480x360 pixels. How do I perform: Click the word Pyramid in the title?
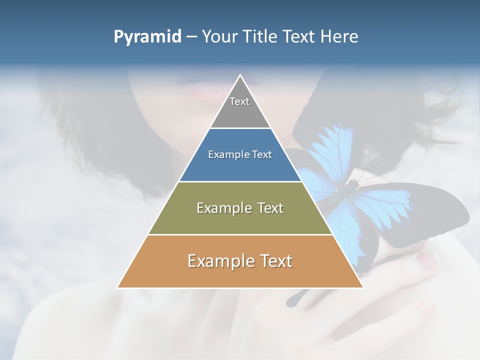point(147,37)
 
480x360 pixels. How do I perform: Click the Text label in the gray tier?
point(239,101)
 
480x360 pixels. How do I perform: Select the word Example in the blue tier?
point(227,155)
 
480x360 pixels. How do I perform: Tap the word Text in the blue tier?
point(260,155)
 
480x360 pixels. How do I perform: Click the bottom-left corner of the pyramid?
point(118,287)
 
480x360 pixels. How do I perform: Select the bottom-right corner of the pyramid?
point(362,287)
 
